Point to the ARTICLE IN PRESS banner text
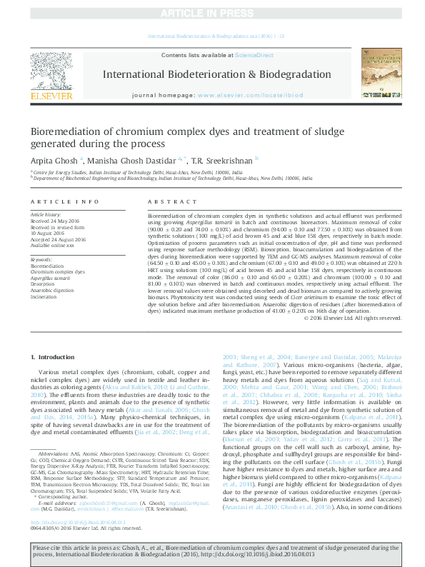click(212, 14)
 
